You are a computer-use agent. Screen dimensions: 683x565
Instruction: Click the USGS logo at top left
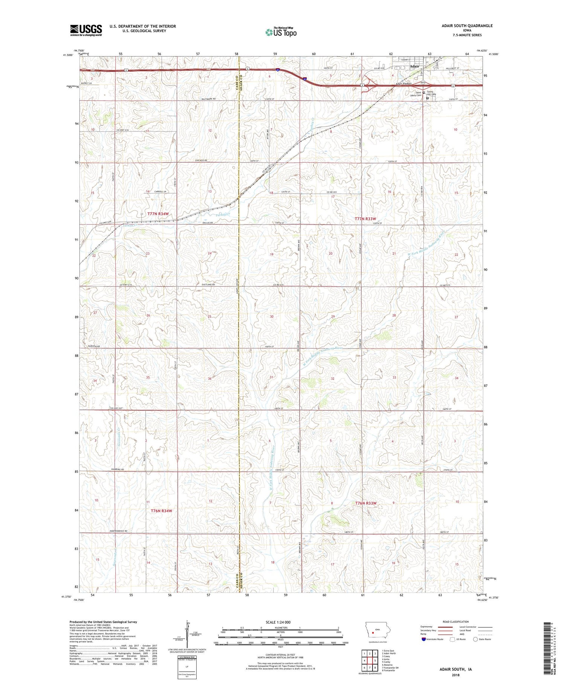tap(86, 30)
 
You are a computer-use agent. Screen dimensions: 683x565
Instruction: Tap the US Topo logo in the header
tap(281, 32)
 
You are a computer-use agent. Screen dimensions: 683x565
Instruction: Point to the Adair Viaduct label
tap(403, 84)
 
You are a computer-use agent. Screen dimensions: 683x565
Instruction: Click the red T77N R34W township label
tap(158, 214)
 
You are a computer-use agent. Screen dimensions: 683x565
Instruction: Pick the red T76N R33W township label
tap(366, 503)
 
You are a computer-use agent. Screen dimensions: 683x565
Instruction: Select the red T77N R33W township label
tap(365, 218)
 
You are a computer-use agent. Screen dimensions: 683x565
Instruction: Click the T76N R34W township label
tap(161, 511)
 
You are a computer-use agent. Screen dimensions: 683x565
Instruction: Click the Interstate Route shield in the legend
tap(424, 639)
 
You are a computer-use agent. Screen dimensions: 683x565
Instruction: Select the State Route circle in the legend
tap(475, 639)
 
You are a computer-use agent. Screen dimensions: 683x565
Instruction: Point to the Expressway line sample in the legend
tap(445, 627)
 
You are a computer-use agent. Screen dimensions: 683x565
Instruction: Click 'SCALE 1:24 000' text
tap(280, 622)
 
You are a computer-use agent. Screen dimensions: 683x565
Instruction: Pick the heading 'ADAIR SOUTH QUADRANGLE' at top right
tap(467, 26)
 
